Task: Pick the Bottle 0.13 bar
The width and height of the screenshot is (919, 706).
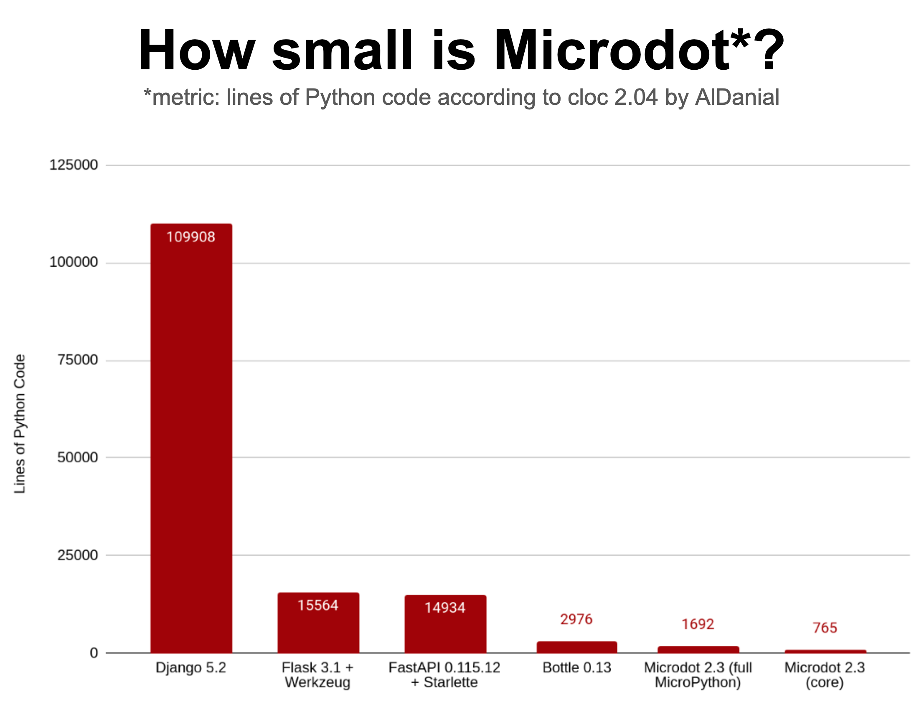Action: [576, 647]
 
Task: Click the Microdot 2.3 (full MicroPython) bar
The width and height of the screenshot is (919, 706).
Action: [698, 649]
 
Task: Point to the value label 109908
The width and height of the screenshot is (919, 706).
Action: [190, 237]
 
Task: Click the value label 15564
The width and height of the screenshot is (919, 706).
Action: [317, 605]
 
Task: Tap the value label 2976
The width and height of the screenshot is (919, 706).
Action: [576, 619]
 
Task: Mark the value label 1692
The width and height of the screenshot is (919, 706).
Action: [698, 624]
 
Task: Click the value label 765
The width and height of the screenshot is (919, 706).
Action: [825, 628]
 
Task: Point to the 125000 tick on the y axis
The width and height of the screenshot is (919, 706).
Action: [74, 165]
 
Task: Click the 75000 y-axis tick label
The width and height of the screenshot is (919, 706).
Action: [77, 360]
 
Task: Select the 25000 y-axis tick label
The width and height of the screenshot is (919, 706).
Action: [77, 555]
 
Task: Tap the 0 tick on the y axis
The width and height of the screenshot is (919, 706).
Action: [94, 653]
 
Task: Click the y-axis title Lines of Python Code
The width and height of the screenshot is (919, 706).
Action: [20, 424]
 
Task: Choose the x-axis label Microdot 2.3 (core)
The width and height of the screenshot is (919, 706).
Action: [825, 675]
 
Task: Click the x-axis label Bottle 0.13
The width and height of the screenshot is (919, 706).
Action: [576, 667]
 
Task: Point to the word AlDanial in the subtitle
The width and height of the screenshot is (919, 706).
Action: [737, 98]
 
